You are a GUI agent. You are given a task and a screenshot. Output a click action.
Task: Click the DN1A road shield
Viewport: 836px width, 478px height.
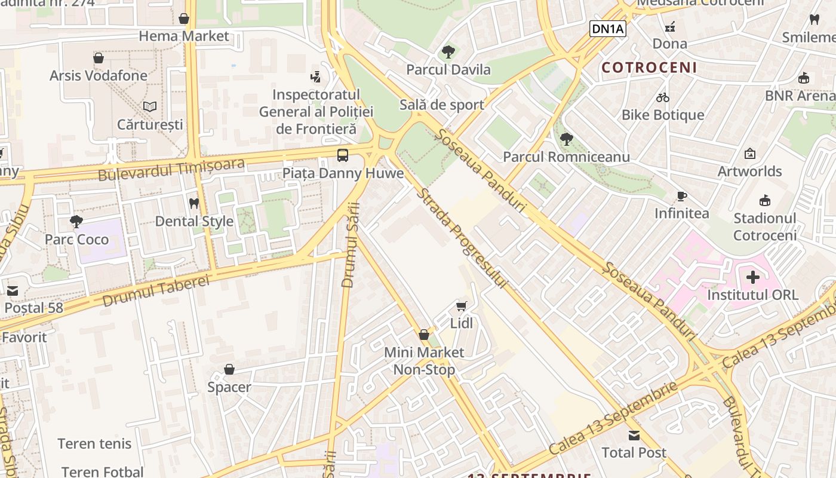point(607,29)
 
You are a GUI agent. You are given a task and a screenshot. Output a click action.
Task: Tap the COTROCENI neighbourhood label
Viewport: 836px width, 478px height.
point(649,68)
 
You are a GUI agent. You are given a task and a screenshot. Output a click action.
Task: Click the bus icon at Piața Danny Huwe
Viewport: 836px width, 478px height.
point(343,155)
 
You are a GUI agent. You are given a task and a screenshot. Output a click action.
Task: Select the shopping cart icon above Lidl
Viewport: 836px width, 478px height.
point(461,306)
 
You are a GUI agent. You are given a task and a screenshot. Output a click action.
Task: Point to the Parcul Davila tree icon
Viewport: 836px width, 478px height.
point(448,52)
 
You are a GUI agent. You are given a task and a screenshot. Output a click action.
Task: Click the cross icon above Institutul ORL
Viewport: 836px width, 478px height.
point(753,277)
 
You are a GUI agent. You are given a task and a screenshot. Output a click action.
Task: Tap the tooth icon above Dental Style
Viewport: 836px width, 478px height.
point(193,203)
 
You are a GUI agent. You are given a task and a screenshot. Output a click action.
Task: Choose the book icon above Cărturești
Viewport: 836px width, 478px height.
point(150,107)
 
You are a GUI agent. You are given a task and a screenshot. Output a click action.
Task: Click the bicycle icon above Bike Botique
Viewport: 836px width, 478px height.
point(663,97)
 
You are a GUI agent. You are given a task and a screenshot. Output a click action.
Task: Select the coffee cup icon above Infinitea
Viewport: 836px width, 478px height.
point(681,196)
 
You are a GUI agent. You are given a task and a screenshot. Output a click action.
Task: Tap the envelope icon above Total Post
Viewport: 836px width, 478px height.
point(634,435)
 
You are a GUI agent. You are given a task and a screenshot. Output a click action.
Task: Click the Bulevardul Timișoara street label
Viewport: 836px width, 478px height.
point(171,168)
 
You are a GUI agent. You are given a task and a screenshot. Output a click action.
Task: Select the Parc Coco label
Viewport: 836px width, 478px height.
point(77,240)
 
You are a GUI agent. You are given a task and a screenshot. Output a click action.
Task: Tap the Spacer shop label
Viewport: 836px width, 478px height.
point(229,387)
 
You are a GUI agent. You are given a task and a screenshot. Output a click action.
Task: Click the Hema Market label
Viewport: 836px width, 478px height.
point(184,36)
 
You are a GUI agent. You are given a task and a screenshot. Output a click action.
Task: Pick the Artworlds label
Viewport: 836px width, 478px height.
point(749,171)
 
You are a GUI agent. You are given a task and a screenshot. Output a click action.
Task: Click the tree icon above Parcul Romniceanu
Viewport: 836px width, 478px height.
point(566,139)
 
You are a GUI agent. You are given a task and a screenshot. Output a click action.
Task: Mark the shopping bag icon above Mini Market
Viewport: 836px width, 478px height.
point(424,335)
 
